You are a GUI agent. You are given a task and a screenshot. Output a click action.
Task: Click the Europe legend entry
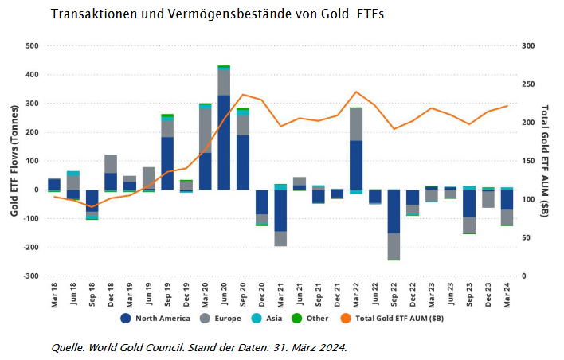[x=225, y=319]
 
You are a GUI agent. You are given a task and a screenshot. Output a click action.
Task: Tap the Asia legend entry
[x=272, y=319]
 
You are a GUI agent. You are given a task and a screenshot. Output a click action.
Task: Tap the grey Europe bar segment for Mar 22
[x=356, y=123]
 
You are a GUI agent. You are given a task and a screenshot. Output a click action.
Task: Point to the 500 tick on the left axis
[x=33, y=46]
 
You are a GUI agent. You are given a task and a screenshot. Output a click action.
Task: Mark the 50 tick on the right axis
[x=523, y=238]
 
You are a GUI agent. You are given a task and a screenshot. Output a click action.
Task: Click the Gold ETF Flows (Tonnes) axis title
[x=14, y=160]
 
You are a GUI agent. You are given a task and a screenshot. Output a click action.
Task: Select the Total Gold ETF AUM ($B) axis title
[x=546, y=160]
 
